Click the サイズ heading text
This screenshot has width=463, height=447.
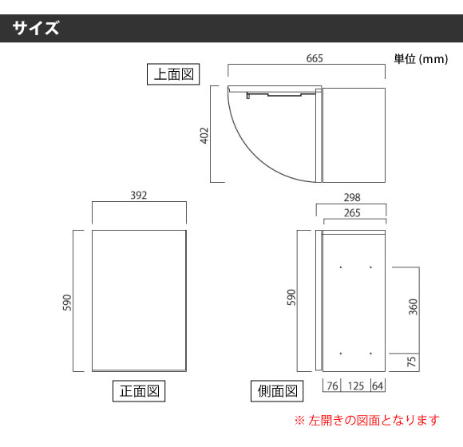(36, 28)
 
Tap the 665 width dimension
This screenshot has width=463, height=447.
(315, 58)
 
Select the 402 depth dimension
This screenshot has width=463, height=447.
(204, 136)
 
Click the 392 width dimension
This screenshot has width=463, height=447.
(139, 196)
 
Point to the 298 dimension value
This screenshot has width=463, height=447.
(352, 197)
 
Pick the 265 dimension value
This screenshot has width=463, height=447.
(352, 213)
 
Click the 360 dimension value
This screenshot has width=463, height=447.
(413, 307)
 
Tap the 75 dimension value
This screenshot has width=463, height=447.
(412, 362)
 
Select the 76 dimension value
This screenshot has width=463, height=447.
(333, 386)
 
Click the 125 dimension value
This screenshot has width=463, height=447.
(356, 386)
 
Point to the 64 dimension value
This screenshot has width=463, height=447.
(378, 386)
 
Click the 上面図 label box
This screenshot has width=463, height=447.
(173, 74)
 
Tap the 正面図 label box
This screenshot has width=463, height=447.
(139, 391)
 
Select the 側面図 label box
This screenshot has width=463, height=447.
(277, 391)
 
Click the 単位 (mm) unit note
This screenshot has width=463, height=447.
(421, 59)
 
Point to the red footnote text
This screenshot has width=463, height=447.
(367, 420)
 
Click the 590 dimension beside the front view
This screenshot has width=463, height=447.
(67, 303)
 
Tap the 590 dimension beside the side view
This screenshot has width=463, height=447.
(291, 297)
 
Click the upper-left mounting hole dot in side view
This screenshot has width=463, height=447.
(341, 267)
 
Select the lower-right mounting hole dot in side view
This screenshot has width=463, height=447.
(370, 354)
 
